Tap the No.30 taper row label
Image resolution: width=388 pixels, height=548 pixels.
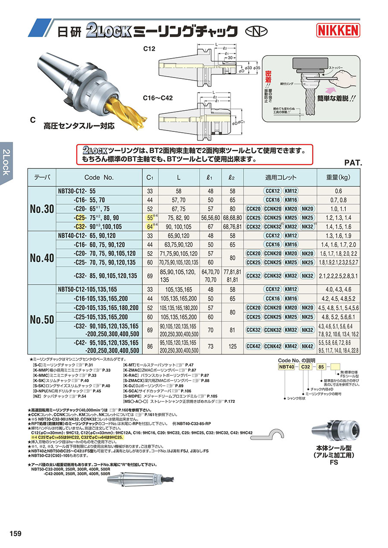coord(42,209)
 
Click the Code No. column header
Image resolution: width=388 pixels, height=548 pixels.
coord(99,177)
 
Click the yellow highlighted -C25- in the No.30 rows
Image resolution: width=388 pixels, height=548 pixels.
coord(79,218)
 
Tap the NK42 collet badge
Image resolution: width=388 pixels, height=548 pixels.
coord(307,346)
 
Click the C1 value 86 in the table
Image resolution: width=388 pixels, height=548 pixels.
coord(150,346)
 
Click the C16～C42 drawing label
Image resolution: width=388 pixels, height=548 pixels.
coord(158,98)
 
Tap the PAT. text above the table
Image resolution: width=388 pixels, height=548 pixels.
coord(353,163)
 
